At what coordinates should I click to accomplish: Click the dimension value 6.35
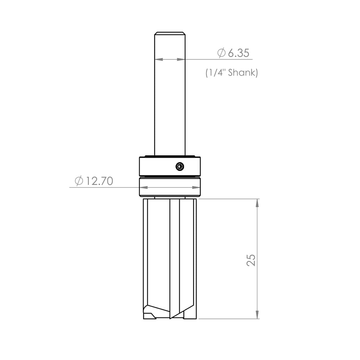[x=239, y=53]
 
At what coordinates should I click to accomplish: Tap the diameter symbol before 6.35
[x=221, y=53]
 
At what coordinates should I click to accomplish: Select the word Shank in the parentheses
[x=243, y=73]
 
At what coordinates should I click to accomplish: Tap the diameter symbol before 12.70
[x=79, y=181]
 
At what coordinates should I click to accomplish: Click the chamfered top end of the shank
[x=170, y=33]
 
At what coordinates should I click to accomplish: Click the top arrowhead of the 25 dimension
[x=258, y=203]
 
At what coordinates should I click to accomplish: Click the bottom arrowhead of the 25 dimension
[x=258, y=315]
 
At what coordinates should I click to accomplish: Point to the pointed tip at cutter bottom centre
[x=171, y=317]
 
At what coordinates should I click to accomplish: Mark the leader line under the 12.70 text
[x=105, y=188]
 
